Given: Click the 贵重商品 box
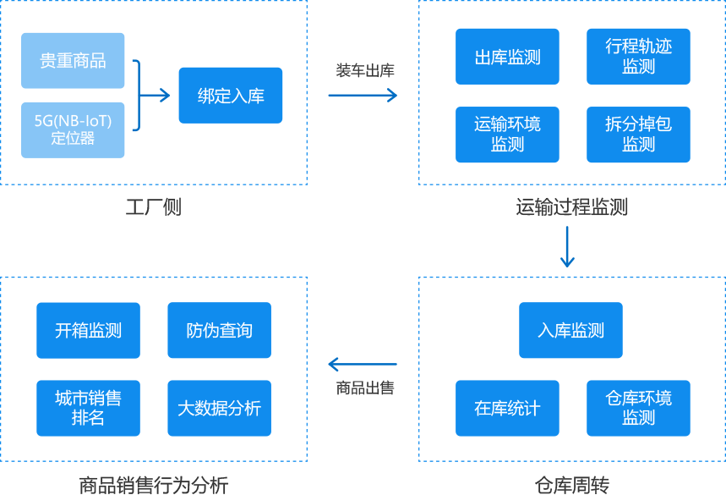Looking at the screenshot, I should click(x=73, y=61).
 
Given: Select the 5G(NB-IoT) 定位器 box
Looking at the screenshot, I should click(x=73, y=129).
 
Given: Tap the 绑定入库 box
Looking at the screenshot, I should click(x=231, y=96).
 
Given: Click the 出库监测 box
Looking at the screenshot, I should click(x=507, y=57).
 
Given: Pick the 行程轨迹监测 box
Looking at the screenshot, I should click(x=638, y=57).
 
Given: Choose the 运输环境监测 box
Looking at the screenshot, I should click(x=507, y=135).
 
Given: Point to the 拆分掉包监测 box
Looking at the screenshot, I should click(x=638, y=135).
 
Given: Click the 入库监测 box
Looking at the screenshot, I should click(x=570, y=330).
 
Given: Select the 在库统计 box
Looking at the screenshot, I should click(x=507, y=408).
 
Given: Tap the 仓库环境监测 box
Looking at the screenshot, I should click(x=638, y=408).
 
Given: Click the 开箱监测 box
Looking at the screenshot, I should click(x=88, y=330).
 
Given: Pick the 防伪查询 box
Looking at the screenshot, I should click(x=219, y=330).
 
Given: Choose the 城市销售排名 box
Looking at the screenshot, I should click(x=88, y=408).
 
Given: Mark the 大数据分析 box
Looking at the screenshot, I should click(x=219, y=408).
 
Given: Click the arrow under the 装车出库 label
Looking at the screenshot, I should click(x=363, y=96).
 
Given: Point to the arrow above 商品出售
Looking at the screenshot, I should click(x=362, y=365).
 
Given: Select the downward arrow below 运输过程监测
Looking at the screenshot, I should click(x=568, y=246).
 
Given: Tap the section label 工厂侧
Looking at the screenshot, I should click(x=153, y=207).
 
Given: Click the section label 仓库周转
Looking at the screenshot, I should click(x=571, y=485).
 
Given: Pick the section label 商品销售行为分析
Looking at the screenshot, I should click(x=153, y=485).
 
